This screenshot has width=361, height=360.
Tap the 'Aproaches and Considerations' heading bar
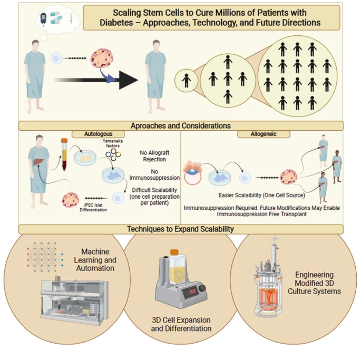(181, 126)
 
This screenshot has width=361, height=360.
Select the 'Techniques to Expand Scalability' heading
(181, 229)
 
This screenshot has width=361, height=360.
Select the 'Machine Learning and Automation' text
(100, 260)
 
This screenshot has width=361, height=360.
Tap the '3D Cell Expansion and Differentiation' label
(181, 324)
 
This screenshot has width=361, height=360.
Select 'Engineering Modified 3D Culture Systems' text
(318, 283)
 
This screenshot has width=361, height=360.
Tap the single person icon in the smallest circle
(186, 81)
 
